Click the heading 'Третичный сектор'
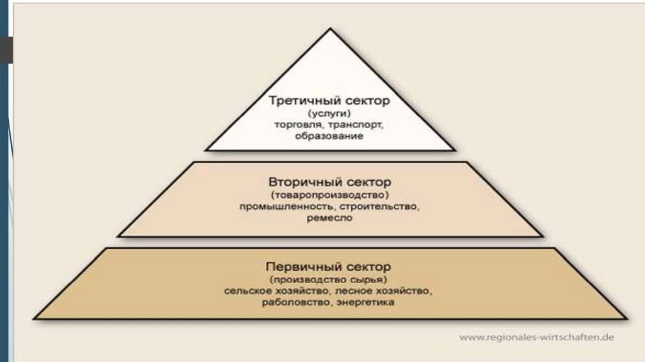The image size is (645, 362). point(329,100)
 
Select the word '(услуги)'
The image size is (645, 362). point(329,113)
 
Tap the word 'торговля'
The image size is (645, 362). point(295,125)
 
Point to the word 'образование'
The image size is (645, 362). point(329,136)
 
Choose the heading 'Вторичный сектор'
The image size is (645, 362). point(329,182)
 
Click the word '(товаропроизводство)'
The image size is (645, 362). point(329,194)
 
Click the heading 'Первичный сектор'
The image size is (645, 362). point(329,266)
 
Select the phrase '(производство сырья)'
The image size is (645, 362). point(329,279)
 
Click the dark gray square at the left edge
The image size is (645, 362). point(6,50)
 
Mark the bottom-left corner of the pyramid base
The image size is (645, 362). point(35,318)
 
